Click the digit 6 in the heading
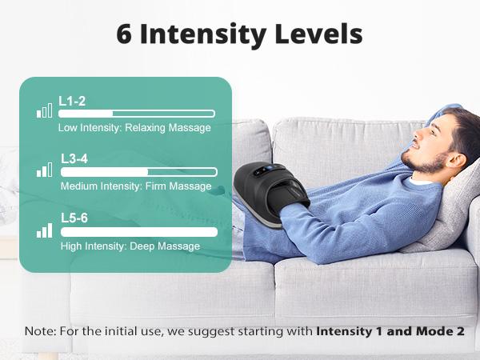pos(124,34)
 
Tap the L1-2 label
pos(72,102)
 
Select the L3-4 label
pos(74,159)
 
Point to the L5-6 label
pos(74,218)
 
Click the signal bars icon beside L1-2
pos(44,110)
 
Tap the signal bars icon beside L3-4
pos(44,170)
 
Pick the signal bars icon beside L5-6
pos(44,230)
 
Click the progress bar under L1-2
pos(137,114)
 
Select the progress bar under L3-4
pos(139,172)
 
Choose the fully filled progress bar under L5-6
pos(139,232)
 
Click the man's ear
pos(458,162)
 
